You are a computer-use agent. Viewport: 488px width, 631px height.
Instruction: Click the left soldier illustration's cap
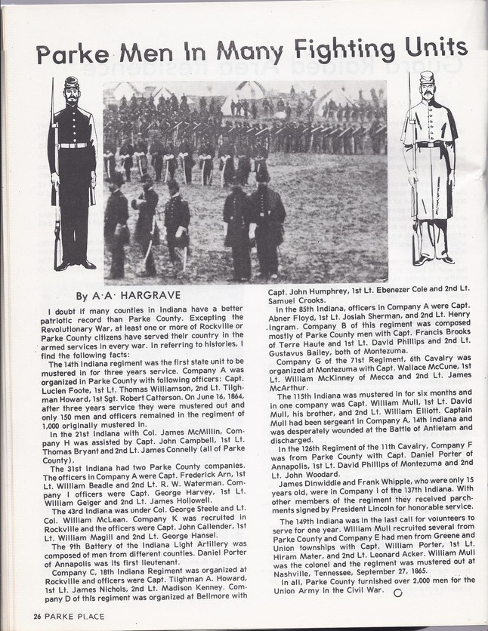pyautogui.click(x=72, y=83)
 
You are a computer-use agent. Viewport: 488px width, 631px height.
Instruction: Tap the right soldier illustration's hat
pyautogui.click(x=426, y=77)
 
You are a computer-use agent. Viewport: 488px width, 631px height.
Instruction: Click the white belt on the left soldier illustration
pyautogui.click(x=73, y=145)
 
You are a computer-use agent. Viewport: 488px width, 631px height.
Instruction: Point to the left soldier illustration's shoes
pyautogui.click(x=73, y=264)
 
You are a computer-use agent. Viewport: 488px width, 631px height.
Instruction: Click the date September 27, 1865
pyautogui.click(x=391, y=571)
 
